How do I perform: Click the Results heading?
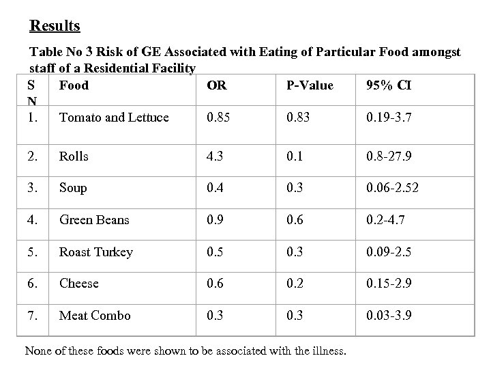coord(55,26)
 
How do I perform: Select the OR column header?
coord(216,85)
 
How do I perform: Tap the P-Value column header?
coord(310,85)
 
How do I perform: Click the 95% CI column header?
coord(388,85)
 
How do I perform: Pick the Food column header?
coord(74,85)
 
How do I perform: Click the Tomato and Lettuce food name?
coord(114,118)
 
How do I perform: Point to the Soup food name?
coord(73,188)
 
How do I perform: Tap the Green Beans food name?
coord(95,220)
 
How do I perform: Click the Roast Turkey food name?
coord(96,252)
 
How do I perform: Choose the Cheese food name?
coord(79,284)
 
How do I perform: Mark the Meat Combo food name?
coord(95,316)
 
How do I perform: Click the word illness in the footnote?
coord(329,352)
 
